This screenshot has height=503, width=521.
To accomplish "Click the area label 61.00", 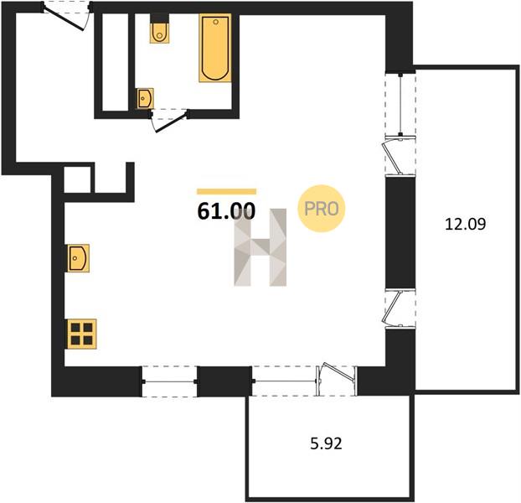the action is (x=226, y=210).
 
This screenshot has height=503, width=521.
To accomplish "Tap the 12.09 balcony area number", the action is (x=465, y=224).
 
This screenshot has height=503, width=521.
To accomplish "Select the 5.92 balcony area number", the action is (x=327, y=443).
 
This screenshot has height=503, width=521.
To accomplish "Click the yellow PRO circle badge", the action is (x=322, y=209).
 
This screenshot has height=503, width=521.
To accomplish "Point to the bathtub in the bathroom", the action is (x=215, y=48).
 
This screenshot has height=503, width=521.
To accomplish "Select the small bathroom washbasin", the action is (x=145, y=98).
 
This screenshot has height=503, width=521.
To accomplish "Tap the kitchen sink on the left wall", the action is (x=78, y=258).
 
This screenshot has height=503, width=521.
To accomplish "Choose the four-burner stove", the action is (x=82, y=334).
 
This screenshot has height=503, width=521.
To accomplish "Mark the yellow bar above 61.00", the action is (x=227, y=191).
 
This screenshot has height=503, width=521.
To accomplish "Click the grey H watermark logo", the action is (x=260, y=247).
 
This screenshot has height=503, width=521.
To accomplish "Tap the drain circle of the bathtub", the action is (x=215, y=22).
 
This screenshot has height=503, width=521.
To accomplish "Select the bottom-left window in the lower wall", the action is (x=169, y=381).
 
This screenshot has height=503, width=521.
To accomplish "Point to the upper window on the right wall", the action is (x=400, y=105).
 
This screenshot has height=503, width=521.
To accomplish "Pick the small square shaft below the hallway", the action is (x=77, y=179).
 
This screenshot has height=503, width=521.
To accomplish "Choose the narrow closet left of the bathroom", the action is (x=115, y=62).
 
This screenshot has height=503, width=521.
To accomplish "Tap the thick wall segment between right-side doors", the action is (x=400, y=232).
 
